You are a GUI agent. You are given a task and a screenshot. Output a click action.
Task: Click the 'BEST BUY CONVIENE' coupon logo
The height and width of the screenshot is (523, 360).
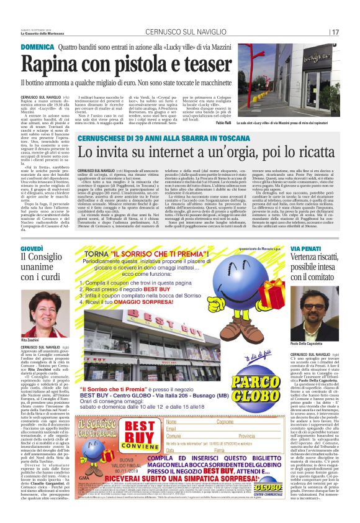point(130,431)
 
